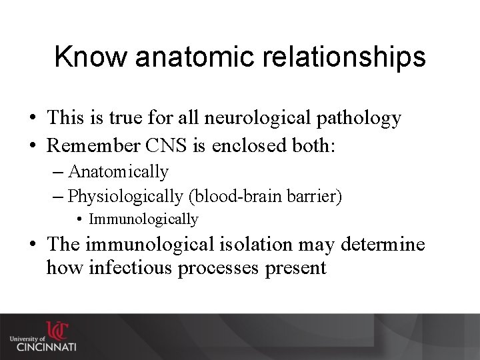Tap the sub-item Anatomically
pos(118,172)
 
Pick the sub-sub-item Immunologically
pos(143,219)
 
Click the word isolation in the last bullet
pos(257,245)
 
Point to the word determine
pos(383,245)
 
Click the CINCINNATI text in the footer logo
pos(47,347)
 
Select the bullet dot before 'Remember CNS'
pos(32,146)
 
